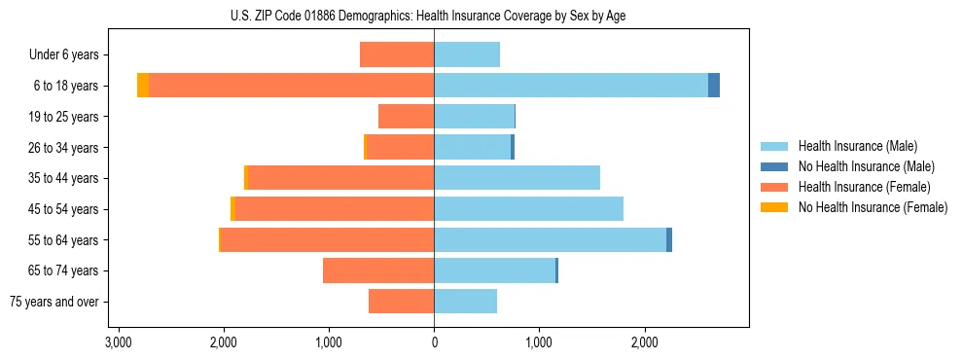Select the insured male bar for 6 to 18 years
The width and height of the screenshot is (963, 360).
571,86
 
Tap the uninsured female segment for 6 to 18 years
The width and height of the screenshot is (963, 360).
143,86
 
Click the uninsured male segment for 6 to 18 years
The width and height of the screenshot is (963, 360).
714,86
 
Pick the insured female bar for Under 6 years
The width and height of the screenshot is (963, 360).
397,54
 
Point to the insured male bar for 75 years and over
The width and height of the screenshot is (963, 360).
465,302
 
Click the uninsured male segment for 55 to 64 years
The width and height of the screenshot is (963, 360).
669,240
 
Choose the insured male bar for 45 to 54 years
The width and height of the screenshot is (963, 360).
528,209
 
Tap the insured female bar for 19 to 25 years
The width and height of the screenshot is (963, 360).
406,117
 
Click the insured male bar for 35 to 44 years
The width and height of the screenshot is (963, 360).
517,178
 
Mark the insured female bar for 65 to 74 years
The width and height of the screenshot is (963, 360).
378,270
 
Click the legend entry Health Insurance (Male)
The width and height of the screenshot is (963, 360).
856,146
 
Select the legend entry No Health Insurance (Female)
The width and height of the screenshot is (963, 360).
873,207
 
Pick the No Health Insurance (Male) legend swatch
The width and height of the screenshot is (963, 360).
774,166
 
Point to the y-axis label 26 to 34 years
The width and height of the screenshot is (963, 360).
64,148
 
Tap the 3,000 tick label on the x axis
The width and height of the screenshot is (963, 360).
119,342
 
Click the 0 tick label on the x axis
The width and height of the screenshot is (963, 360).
434,342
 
